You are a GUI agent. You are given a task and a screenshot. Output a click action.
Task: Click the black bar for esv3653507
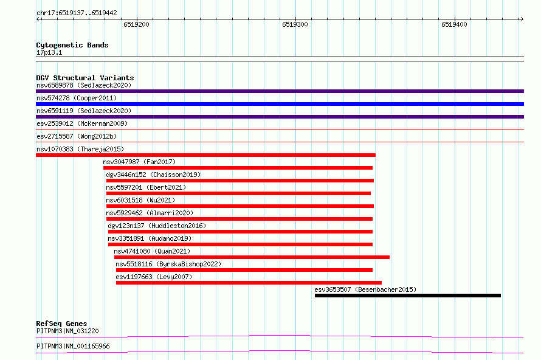[407, 296]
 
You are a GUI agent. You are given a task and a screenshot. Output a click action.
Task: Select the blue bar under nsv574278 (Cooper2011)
[280, 104]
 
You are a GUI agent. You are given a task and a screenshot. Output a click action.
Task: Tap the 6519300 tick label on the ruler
[295, 24]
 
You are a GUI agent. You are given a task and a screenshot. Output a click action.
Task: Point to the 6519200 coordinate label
[136, 24]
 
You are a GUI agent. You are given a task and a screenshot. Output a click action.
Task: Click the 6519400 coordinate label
[454, 24]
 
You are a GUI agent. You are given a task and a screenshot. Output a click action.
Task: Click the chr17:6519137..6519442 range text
[77, 13]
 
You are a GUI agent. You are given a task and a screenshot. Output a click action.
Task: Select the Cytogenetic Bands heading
[72, 45]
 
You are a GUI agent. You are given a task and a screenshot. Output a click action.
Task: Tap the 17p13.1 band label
[49, 52]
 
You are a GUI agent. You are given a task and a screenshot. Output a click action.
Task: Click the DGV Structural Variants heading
[85, 78]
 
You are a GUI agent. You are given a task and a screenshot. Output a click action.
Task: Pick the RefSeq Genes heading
[61, 324]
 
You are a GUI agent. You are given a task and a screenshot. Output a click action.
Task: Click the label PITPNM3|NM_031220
[67, 331]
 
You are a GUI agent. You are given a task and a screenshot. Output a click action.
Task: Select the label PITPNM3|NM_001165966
[73, 346]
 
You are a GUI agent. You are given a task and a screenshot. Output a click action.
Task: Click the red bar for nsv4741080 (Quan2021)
[252, 257]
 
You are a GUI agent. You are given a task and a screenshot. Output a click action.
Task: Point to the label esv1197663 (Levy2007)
[154, 277]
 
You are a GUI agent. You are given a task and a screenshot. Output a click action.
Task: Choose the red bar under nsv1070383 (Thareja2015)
[205, 155]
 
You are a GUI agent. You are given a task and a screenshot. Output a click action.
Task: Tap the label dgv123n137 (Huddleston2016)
[157, 226]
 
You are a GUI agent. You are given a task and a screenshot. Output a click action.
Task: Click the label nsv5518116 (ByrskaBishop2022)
[168, 264]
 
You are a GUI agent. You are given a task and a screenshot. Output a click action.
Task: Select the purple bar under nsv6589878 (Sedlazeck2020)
[280, 91]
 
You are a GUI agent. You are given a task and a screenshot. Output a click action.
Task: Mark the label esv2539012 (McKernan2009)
[82, 123]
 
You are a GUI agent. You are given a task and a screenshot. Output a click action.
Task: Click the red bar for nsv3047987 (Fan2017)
[238, 168]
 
